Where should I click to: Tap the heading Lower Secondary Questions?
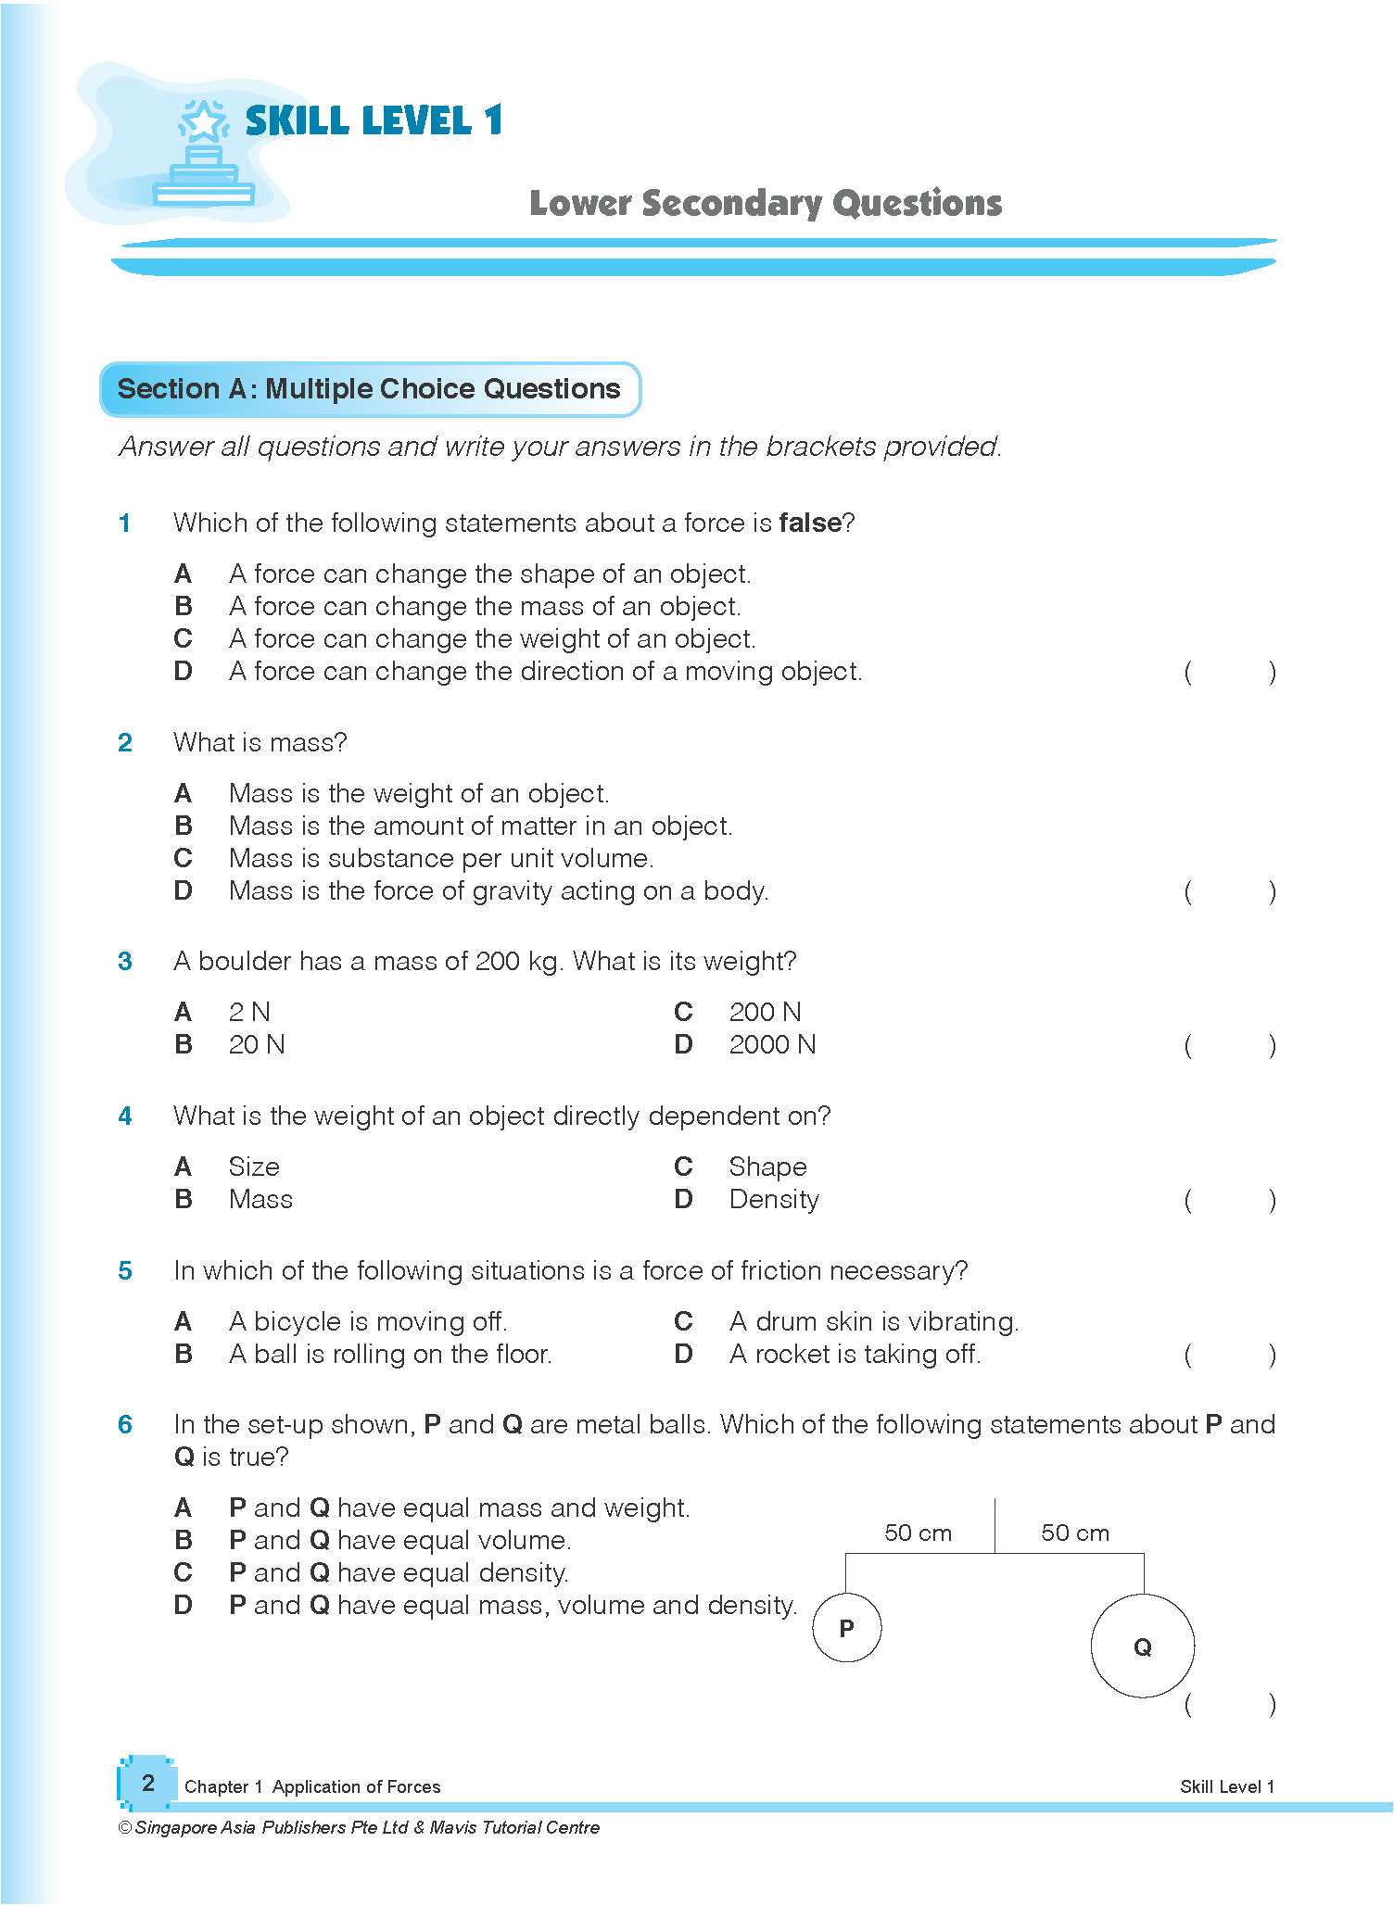(x=765, y=203)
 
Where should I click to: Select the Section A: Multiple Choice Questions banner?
(x=369, y=389)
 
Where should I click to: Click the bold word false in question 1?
(x=809, y=524)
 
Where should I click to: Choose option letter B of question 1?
(x=183, y=607)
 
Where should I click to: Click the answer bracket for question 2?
(x=1229, y=892)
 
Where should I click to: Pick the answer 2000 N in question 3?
(x=771, y=1045)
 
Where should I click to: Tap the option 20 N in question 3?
(x=257, y=1045)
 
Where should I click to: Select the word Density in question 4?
(x=773, y=1200)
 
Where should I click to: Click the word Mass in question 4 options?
(x=260, y=1200)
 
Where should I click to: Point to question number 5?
(x=125, y=1271)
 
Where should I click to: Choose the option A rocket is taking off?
(x=854, y=1355)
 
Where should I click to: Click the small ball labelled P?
(x=846, y=1628)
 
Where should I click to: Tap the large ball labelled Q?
(x=1142, y=1646)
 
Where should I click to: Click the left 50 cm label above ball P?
(x=918, y=1533)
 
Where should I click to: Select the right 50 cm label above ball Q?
(x=1074, y=1533)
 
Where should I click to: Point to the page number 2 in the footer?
(x=147, y=1783)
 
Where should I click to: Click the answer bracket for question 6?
(x=1229, y=1705)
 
